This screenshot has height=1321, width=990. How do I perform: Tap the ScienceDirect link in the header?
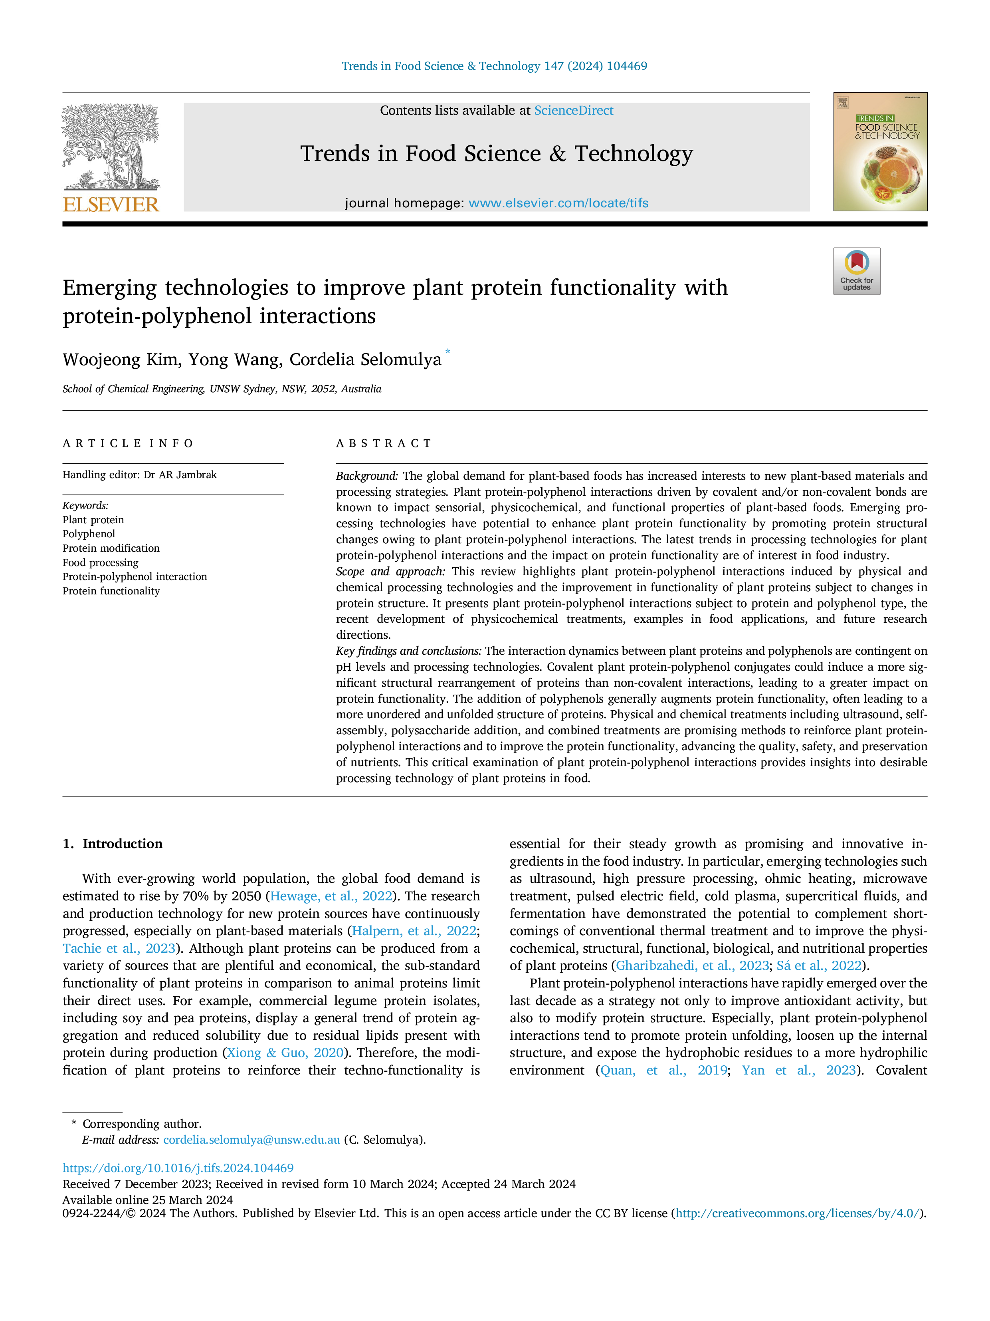click(574, 111)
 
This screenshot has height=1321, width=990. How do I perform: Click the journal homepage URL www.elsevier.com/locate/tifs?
click(558, 203)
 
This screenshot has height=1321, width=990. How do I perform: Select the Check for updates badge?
click(856, 271)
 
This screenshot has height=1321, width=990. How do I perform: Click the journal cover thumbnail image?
click(880, 152)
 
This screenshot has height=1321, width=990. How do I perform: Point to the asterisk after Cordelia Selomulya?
click(447, 352)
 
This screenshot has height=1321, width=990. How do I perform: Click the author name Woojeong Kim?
click(122, 360)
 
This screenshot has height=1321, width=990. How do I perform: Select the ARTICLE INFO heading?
click(128, 443)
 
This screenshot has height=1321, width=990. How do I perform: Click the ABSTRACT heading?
click(384, 443)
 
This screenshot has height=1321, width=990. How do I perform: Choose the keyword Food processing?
click(100, 562)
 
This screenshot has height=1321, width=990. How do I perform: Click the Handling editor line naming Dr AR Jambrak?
click(140, 475)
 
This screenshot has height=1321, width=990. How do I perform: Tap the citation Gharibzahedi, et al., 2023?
click(692, 965)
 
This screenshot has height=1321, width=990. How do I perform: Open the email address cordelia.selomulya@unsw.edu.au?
click(251, 1140)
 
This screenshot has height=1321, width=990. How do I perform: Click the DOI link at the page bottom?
click(178, 1168)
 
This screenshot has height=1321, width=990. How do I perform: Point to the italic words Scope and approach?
click(390, 572)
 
